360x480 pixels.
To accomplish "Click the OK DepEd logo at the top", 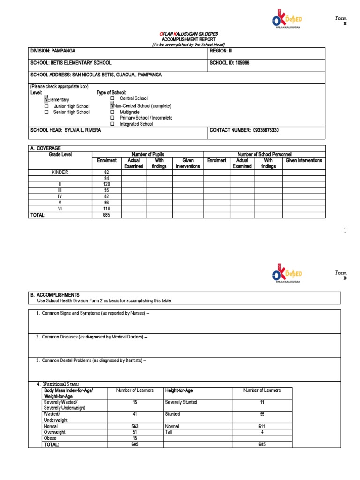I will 286,21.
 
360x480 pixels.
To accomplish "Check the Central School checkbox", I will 112,98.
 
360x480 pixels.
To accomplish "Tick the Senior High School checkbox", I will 46,112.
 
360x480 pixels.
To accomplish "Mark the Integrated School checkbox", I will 112,124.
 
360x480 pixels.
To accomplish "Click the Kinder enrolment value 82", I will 106,172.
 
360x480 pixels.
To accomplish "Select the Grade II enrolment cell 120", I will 106,185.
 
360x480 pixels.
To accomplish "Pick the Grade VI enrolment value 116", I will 106,209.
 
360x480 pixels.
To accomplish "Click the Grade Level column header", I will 60,154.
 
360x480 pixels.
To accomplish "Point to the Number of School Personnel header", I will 265,154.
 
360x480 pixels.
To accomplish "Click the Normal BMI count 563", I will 135,427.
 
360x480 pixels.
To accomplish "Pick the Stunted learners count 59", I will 262,414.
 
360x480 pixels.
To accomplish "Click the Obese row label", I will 50,438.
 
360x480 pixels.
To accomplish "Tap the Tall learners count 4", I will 262,432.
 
